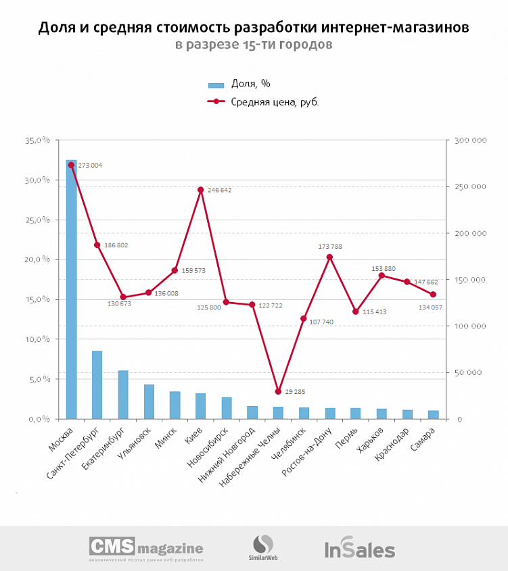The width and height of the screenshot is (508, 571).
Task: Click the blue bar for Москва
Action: [x=71, y=291]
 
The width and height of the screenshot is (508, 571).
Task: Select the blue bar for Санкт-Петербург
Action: [x=97, y=384]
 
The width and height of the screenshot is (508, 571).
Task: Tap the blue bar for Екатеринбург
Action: [x=123, y=395]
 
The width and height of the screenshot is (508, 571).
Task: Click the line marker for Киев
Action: [x=200, y=190]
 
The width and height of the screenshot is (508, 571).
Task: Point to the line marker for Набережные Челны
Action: [x=278, y=391]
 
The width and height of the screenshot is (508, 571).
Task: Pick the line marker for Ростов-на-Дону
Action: [x=329, y=257]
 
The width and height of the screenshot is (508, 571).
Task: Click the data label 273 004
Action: [x=90, y=166]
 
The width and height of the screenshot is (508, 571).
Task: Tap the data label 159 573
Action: [x=194, y=270]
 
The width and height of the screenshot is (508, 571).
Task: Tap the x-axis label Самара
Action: [x=428, y=434]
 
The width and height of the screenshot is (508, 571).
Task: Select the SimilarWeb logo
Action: [x=263, y=547]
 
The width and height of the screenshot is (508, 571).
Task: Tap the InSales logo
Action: [x=359, y=549]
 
